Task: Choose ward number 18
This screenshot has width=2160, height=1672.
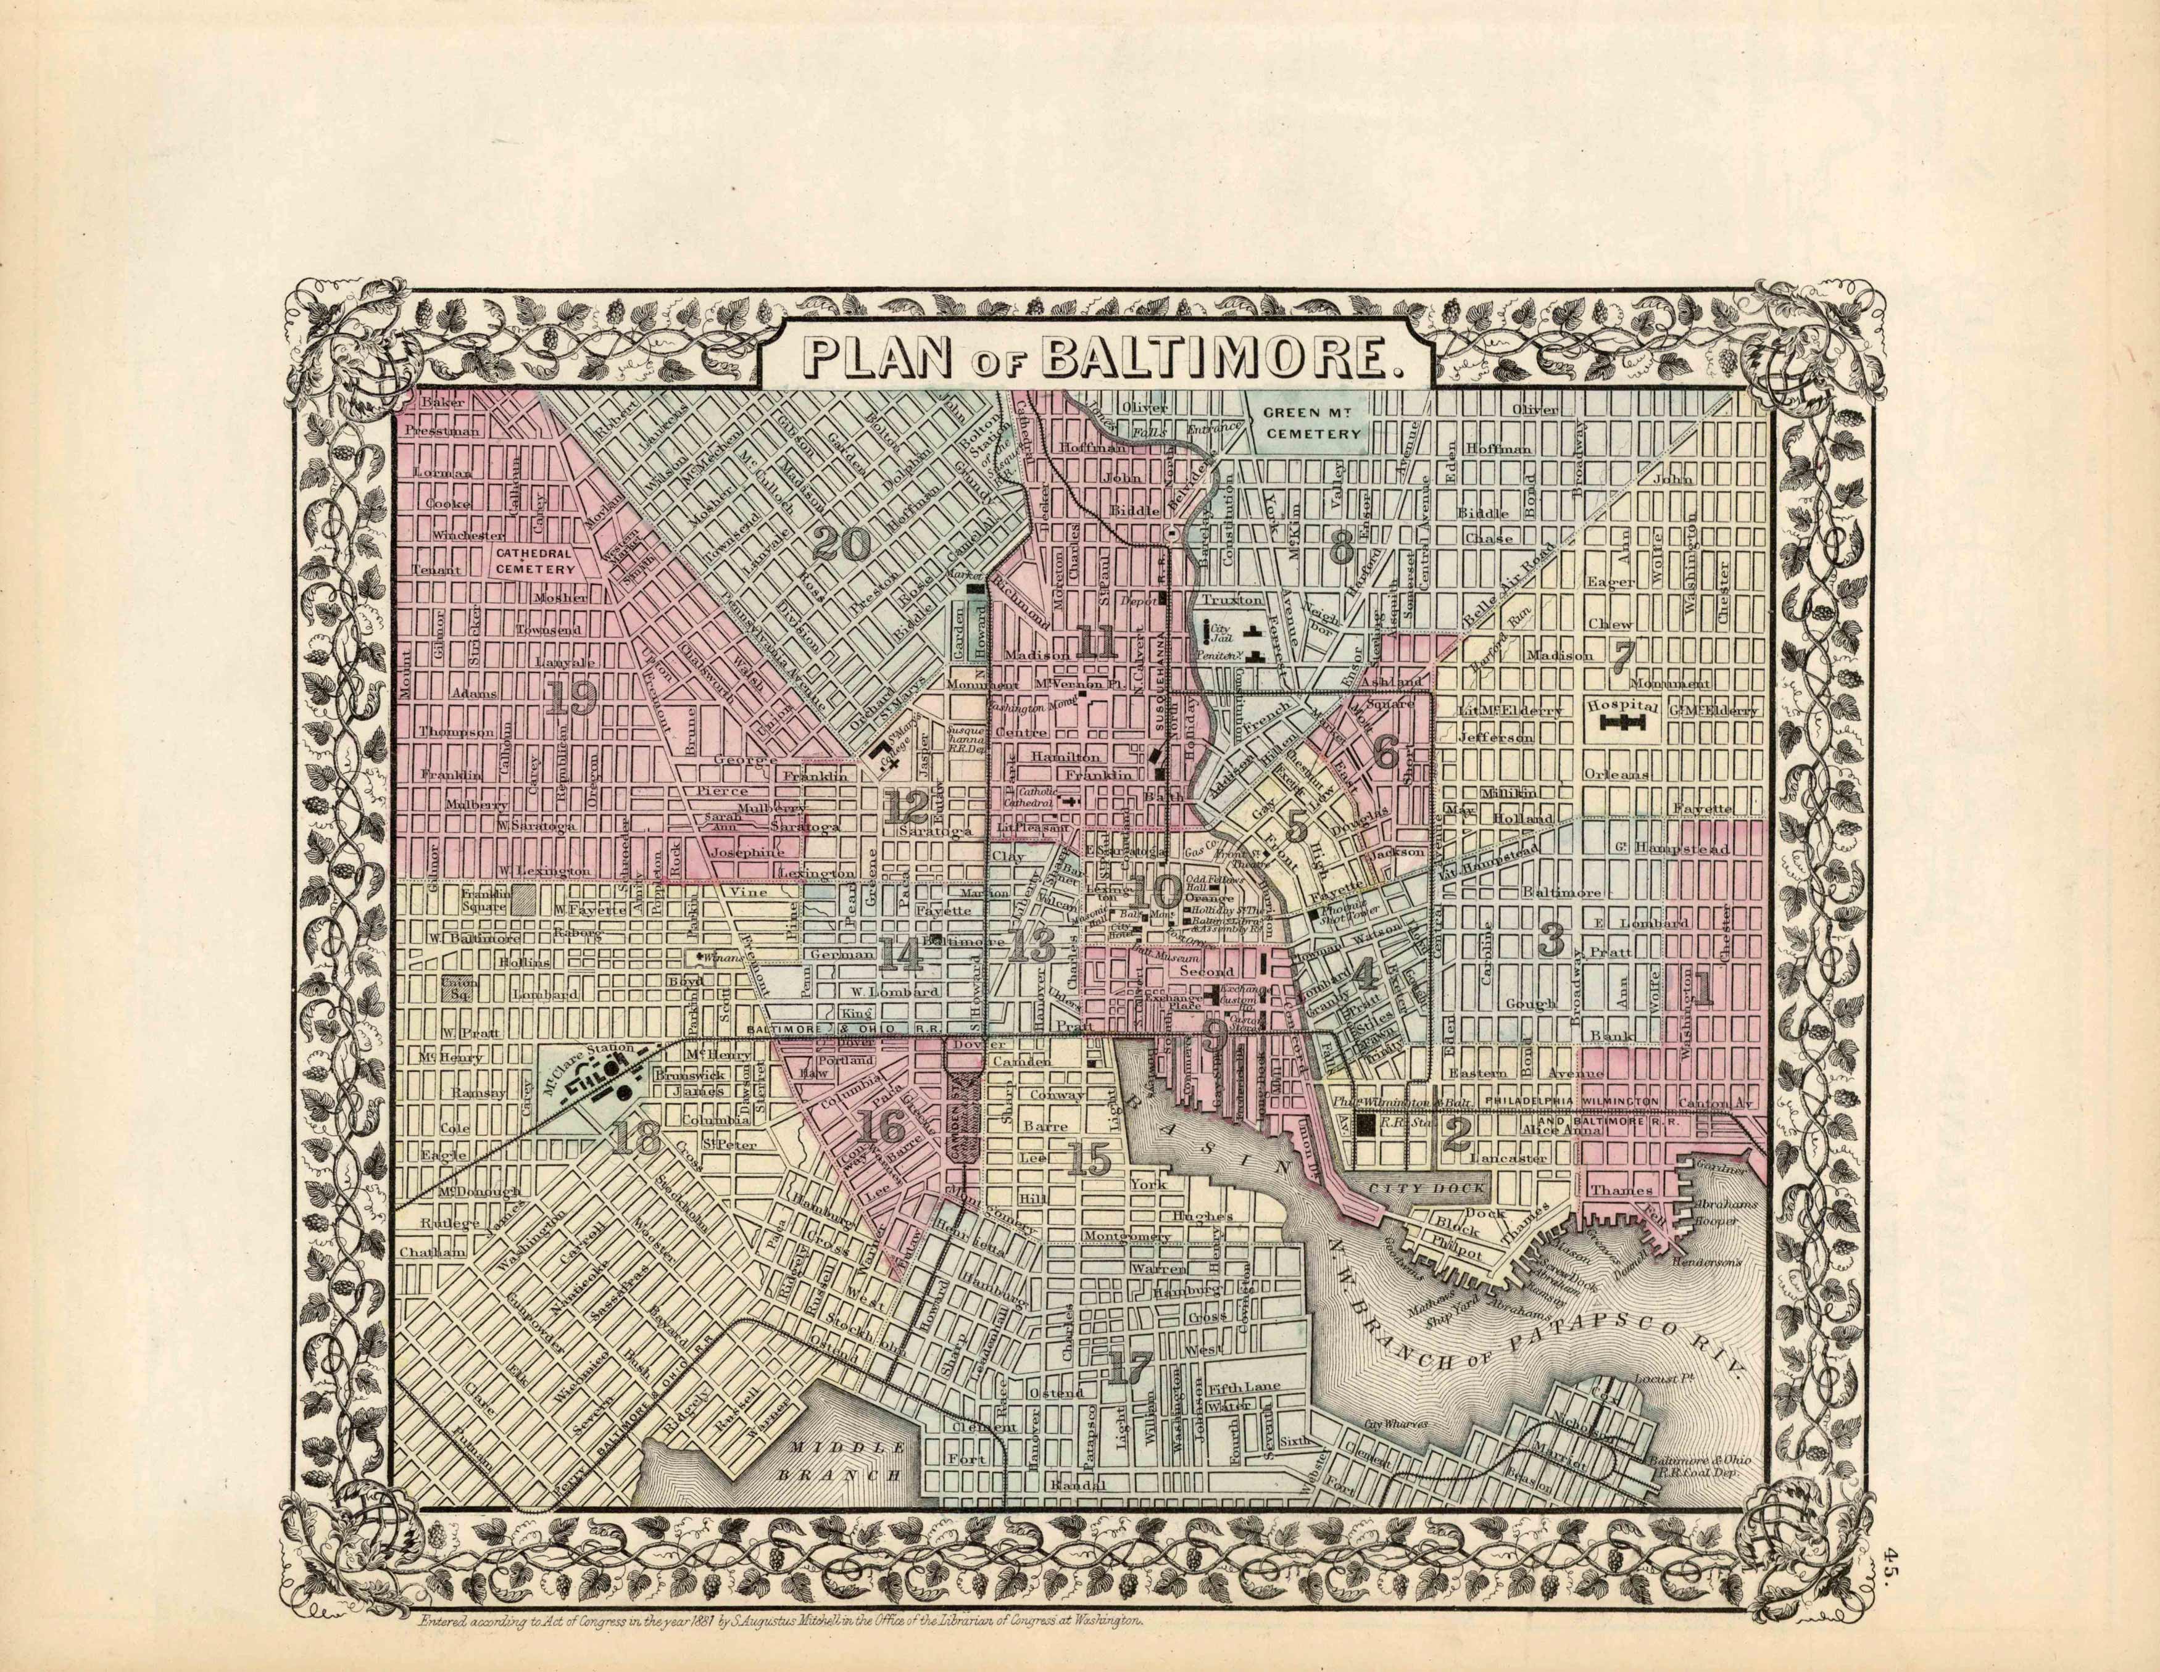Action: (636, 1140)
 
